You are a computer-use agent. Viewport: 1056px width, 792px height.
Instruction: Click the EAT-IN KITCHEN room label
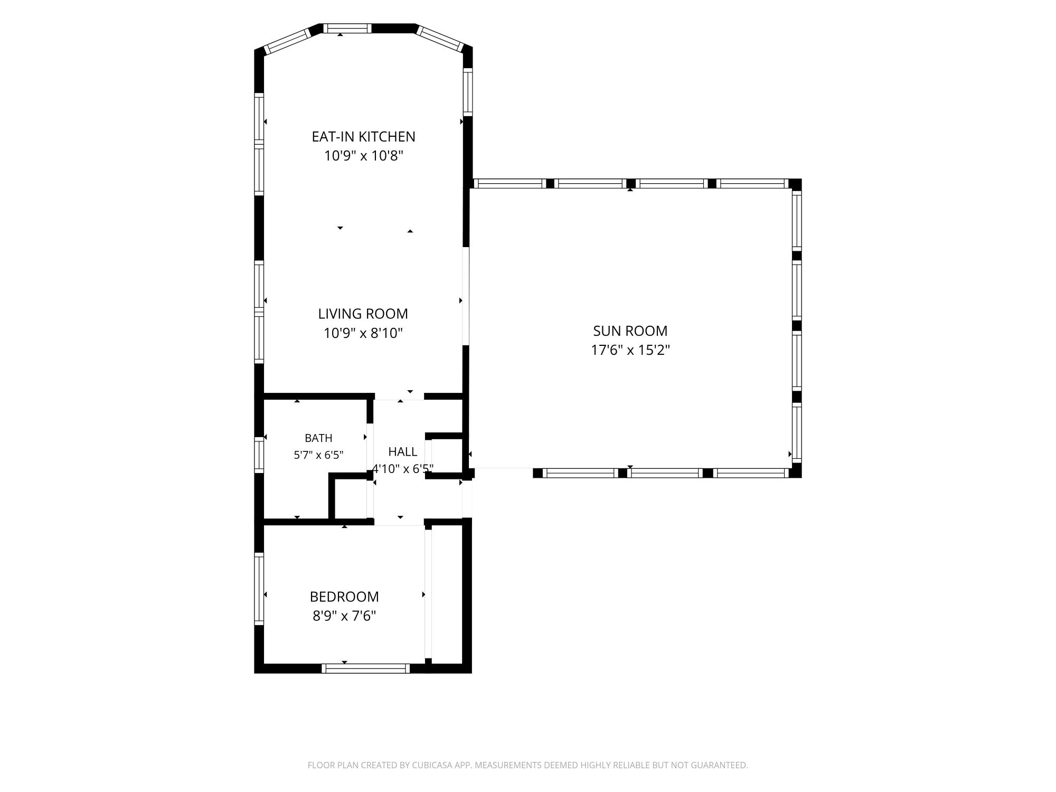click(x=363, y=136)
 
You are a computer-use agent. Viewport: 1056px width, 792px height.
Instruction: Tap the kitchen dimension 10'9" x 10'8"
click(x=363, y=156)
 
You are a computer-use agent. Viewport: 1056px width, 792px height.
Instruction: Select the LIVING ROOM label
click(x=363, y=314)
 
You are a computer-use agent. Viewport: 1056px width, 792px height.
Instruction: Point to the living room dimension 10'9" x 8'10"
click(x=363, y=333)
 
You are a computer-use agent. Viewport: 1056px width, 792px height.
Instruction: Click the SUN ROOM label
click(x=630, y=331)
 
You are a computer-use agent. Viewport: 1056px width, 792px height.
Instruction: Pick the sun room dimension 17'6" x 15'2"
click(x=630, y=350)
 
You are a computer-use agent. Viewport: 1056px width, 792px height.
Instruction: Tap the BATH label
click(x=318, y=438)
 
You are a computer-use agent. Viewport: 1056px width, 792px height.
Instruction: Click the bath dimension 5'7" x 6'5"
click(x=318, y=455)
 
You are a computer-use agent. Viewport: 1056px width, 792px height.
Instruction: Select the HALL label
click(x=403, y=451)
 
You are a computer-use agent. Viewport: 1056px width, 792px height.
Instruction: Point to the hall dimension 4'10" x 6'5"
click(x=403, y=468)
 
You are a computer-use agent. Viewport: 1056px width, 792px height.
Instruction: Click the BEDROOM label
click(x=344, y=597)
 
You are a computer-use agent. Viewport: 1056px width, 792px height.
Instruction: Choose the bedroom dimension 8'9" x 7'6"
click(x=344, y=616)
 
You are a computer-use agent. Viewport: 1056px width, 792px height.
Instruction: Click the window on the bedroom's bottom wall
click(x=366, y=668)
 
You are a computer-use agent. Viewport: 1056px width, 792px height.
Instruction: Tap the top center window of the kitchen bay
click(x=347, y=29)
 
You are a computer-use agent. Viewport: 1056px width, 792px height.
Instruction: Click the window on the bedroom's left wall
click(x=259, y=588)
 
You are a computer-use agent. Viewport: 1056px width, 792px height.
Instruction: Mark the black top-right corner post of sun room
click(x=795, y=184)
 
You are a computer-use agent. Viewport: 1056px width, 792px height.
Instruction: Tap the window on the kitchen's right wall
click(x=468, y=92)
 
